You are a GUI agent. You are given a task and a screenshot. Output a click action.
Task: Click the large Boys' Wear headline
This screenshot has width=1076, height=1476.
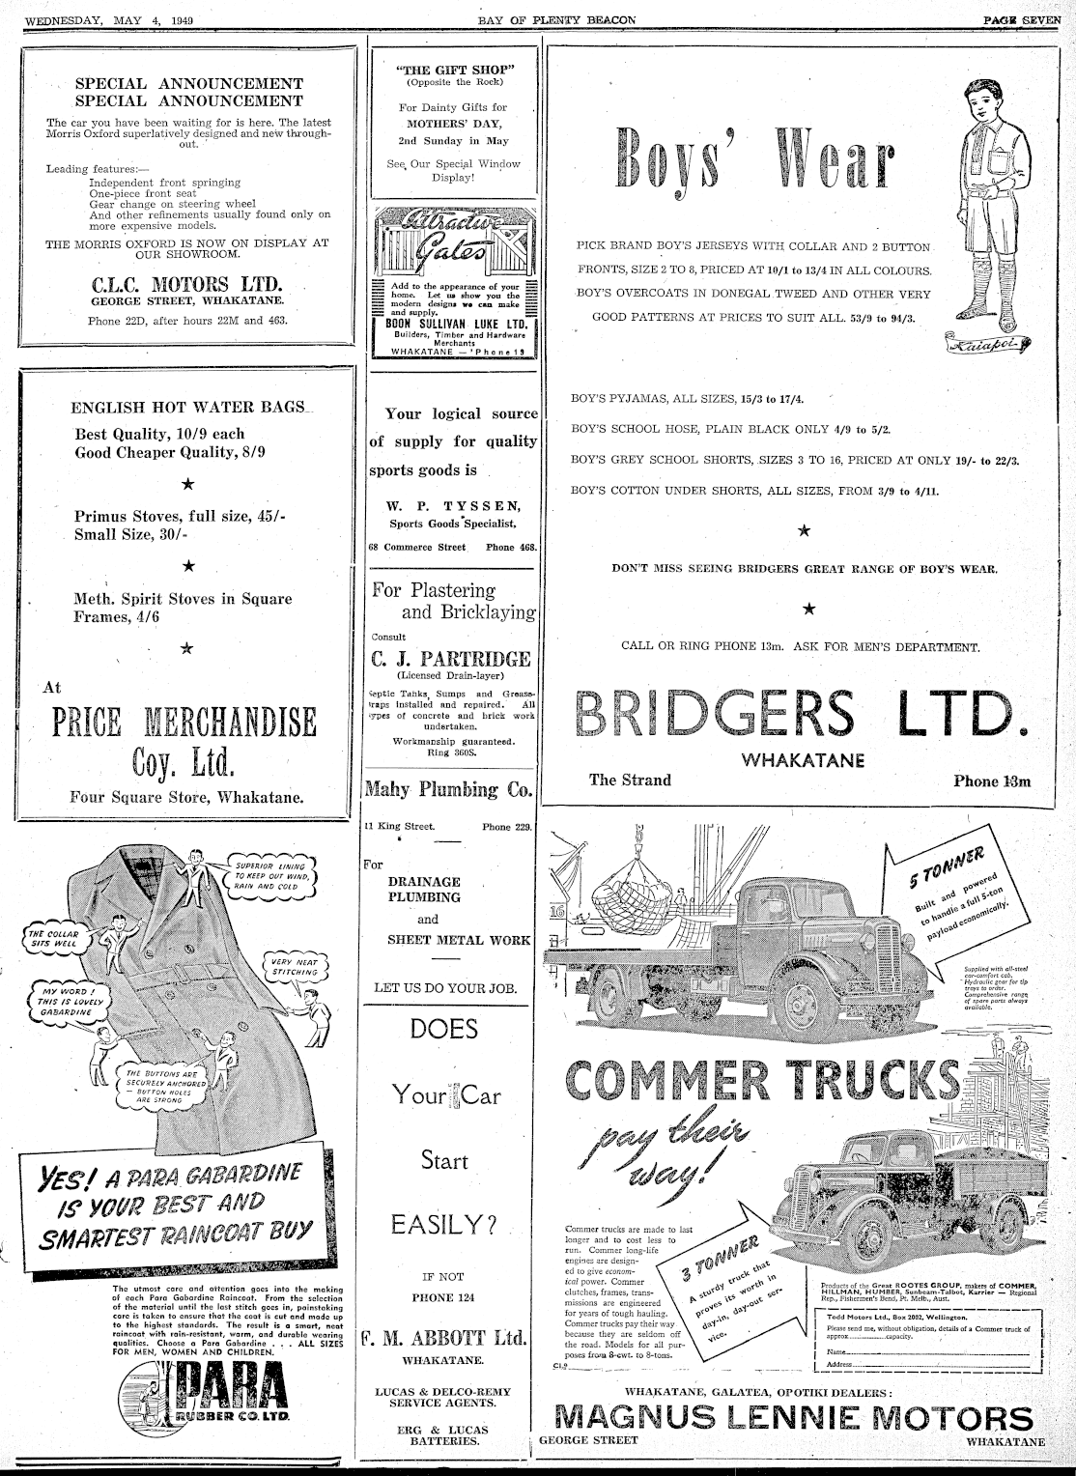click(x=755, y=160)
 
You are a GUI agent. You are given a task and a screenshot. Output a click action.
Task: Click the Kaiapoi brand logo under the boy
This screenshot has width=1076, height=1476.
click(x=989, y=341)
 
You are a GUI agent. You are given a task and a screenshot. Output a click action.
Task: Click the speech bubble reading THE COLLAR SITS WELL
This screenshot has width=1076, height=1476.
click(x=52, y=937)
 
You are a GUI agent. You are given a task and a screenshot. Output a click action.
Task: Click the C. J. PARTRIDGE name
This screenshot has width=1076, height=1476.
click(x=451, y=659)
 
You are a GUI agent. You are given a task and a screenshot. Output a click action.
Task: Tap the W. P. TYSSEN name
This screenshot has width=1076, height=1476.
click(x=453, y=505)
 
